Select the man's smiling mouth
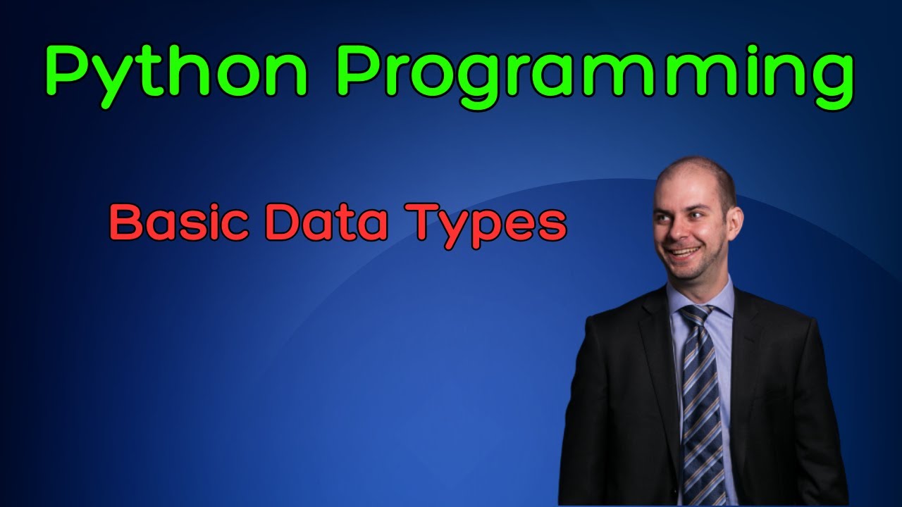684,251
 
